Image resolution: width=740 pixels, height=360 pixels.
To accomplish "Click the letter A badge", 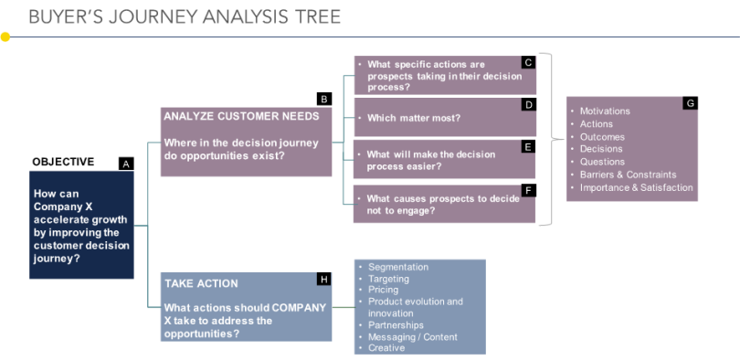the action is [x=126, y=164].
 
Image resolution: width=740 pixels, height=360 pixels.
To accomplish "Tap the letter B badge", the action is [x=324, y=99].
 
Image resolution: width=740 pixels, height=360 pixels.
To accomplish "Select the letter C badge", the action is [x=529, y=62].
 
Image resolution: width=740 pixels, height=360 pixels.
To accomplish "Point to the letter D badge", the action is [x=529, y=105].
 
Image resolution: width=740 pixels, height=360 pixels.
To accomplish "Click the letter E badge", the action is [x=528, y=147].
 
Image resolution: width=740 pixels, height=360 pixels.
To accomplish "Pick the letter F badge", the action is [x=528, y=190].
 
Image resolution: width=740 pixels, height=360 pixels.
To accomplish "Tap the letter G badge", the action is [x=690, y=103].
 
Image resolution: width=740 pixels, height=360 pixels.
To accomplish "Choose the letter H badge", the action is [x=324, y=280].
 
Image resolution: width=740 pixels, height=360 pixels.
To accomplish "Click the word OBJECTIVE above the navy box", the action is [x=63, y=162].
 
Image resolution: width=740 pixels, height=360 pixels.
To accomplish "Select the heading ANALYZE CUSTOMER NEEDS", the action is [x=241, y=116].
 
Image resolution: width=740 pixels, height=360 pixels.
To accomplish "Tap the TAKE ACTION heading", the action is [x=201, y=283].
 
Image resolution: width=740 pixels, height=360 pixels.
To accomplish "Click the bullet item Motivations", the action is [x=605, y=111].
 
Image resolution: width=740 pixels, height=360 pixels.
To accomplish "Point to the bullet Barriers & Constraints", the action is [x=629, y=175].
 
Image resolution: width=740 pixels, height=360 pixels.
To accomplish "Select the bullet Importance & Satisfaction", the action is [x=636, y=187].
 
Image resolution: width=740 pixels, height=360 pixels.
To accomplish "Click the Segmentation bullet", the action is [x=398, y=267].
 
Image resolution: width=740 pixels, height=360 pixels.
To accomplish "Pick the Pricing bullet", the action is [x=383, y=290].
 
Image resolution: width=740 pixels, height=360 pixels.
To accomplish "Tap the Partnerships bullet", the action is [x=396, y=325].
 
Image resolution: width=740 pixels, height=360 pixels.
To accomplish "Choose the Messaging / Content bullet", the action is [x=413, y=337].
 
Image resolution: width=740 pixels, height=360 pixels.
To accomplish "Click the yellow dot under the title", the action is [x=5, y=37].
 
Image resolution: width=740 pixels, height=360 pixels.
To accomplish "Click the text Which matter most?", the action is [x=414, y=118].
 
